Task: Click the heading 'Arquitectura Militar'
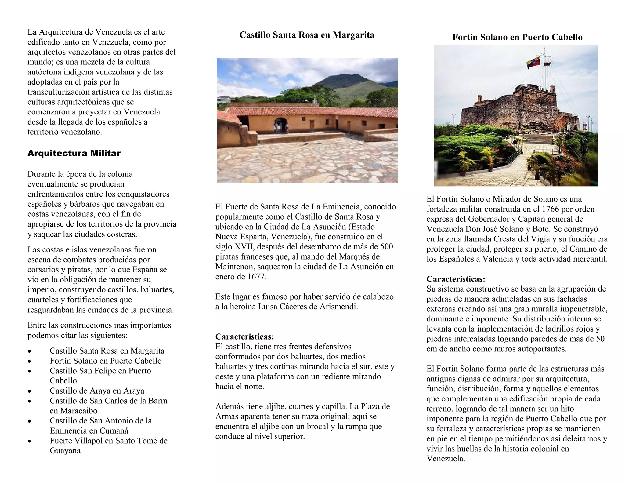(74, 153)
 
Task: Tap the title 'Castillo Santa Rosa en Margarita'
(307, 35)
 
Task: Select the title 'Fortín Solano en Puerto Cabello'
(517, 37)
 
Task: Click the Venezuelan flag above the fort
(533, 62)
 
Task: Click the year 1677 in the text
(256, 277)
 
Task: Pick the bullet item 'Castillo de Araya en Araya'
(97, 391)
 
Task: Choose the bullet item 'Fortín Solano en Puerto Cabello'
(106, 361)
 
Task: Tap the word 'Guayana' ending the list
(65, 451)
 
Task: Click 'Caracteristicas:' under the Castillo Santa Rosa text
(244, 337)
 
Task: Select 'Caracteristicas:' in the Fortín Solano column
(456, 279)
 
